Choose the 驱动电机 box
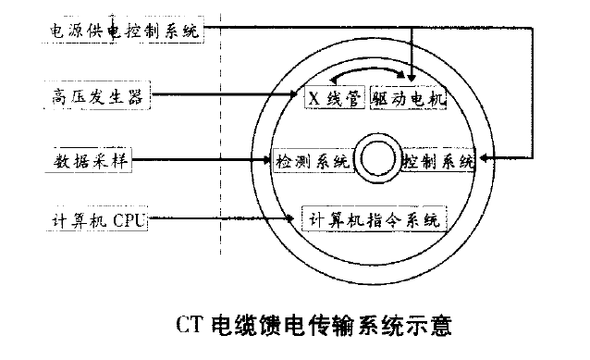point(409,98)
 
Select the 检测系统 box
point(312,161)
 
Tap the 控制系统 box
point(438,161)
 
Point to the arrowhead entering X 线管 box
point(299,95)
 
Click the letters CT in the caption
point(188,326)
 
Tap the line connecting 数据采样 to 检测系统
point(203,160)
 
